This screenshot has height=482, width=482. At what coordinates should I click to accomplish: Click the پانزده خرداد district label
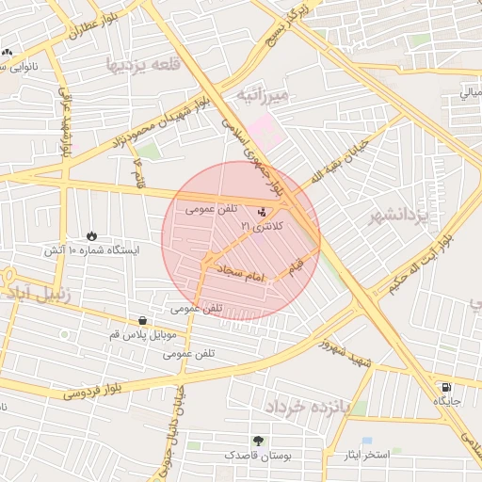pos(307,406)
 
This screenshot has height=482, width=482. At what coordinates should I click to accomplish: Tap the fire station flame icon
pos(91,235)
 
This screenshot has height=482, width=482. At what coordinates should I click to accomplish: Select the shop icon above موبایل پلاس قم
pos(142,320)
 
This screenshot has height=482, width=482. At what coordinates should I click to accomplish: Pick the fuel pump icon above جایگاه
pos(444,387)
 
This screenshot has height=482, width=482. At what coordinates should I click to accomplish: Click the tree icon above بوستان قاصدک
pos(259,441)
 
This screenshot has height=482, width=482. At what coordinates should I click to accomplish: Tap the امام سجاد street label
pos(244,273)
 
